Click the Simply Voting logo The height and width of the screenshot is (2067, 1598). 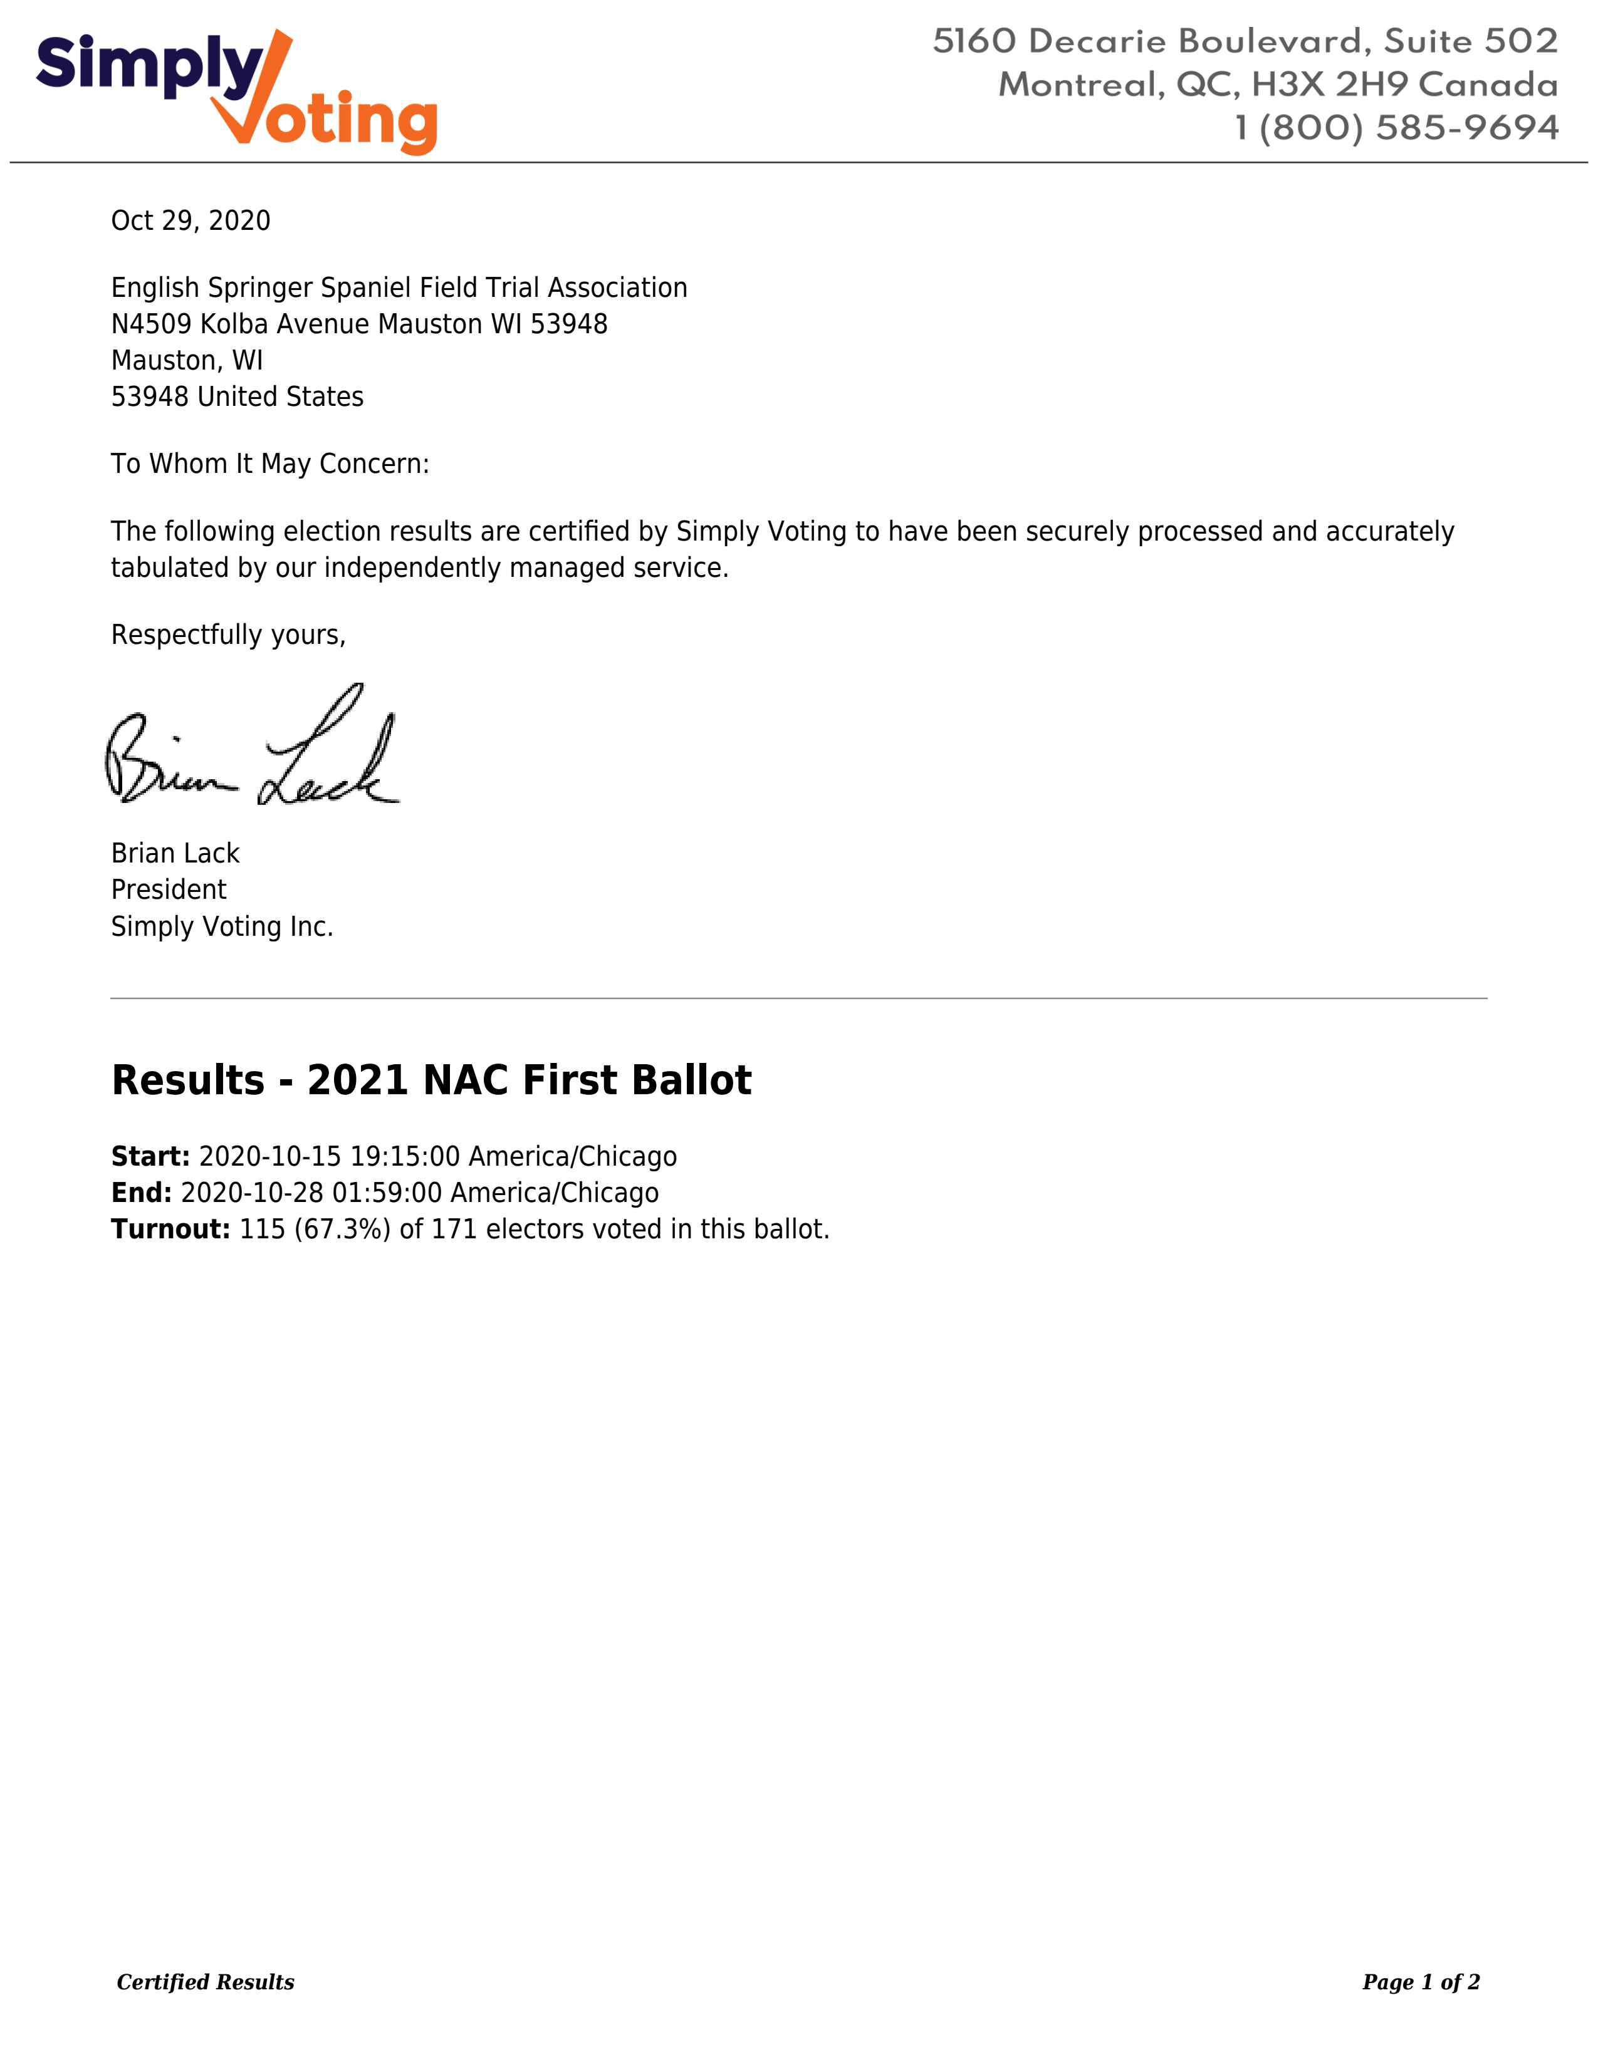237,92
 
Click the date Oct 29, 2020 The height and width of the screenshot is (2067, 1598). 191,220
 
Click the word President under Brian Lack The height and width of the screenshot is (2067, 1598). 169,889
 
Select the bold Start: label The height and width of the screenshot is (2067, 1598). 150,1156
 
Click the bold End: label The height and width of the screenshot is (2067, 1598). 141,1193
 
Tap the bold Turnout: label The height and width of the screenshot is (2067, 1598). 170,1230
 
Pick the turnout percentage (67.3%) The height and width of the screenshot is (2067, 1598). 342,1230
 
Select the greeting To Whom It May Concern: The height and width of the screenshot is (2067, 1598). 270,464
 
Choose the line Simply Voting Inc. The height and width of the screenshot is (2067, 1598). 221,926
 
